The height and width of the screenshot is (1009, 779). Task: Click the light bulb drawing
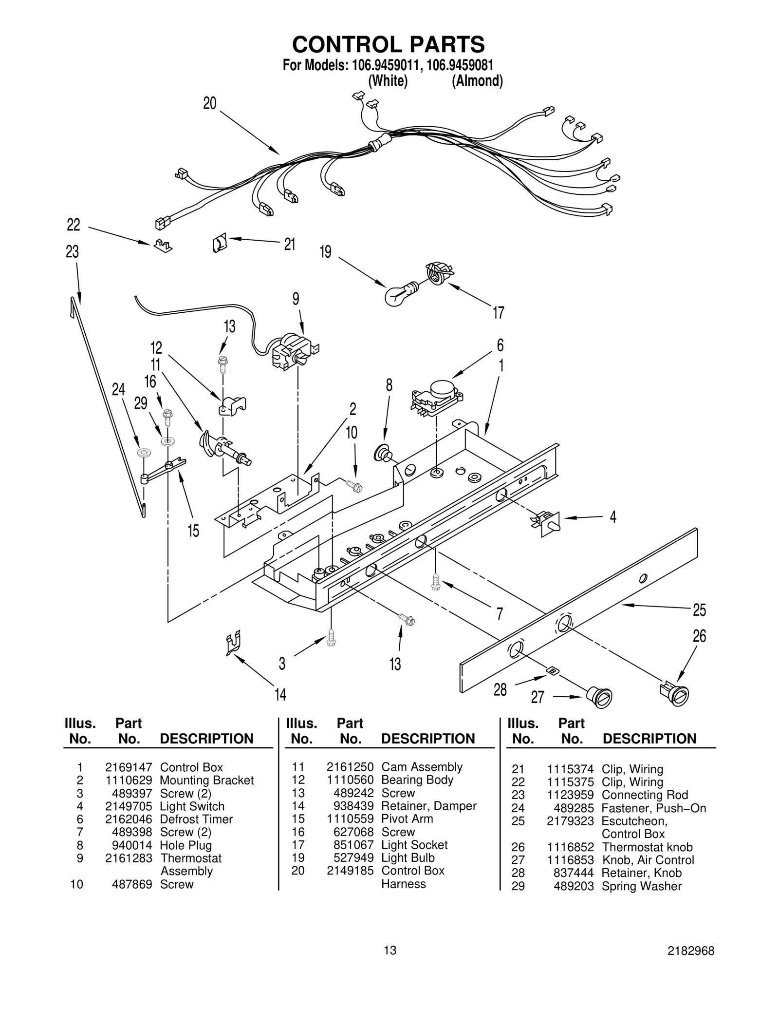click(x=400, y=294)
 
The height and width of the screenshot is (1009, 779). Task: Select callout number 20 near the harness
click(x=209, y=103)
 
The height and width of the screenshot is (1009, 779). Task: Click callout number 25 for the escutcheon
click(x=699, y=609)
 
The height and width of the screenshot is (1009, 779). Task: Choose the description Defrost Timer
click(x=196, y=819)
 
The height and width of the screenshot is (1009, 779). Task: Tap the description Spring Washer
click(x=641, y=886)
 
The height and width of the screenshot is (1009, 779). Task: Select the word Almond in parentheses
click(x=477, y=80)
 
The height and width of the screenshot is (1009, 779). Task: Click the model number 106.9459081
click(x=460, y=65)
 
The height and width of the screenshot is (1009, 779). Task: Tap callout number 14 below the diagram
click(x=280, y=694)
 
